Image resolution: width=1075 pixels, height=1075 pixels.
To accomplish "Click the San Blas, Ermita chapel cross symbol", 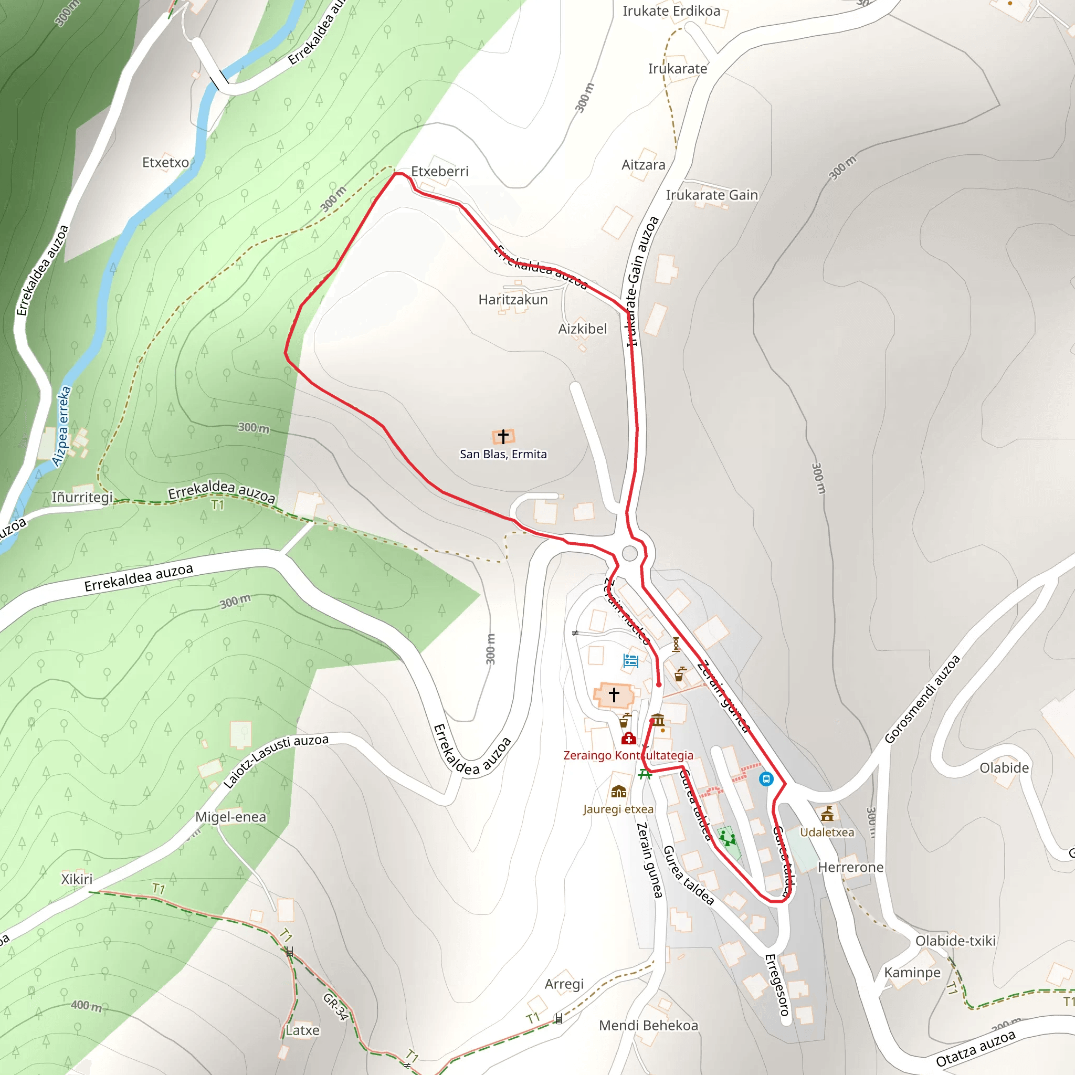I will (x=503, y=436).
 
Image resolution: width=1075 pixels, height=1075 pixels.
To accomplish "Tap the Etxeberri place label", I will (x=439, y=171).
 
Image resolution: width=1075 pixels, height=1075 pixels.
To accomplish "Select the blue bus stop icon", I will (x=766, y=779).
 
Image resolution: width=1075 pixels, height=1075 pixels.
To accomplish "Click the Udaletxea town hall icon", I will (x=827, y=814).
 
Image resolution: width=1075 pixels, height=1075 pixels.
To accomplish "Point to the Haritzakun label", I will (x=513, y=300).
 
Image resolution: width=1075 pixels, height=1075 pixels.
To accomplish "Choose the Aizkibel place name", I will (x=583, y=329).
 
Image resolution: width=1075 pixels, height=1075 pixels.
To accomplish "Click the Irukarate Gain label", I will (x=712, y=195).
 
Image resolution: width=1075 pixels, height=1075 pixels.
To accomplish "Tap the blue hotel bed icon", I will (x=630, y=660).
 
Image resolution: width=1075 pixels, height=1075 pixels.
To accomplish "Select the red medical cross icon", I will (x=629, y=739).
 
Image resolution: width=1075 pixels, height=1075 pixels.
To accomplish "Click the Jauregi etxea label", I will (x=618, y=809).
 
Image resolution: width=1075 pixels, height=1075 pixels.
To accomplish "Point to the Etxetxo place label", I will (x=165, y=163).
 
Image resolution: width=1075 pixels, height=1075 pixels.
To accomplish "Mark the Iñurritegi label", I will (x=82, y=497).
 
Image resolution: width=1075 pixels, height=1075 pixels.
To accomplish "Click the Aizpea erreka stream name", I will (x=62, y=426).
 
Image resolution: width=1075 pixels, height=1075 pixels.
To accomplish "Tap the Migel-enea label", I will (x=230, y=817).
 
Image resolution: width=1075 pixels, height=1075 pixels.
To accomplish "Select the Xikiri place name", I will (x=77, y=879).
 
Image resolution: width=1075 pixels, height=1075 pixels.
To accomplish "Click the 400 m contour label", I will (x=86, y=1005).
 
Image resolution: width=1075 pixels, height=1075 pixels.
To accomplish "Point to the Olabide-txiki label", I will (x=955, y=941).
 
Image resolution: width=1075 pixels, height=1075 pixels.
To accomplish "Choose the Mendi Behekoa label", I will (x=648, y=1026).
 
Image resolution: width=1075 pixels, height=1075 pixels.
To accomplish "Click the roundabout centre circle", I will (x=630, y=553).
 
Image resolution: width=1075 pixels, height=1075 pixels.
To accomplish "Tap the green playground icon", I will (x=726, y=837).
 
